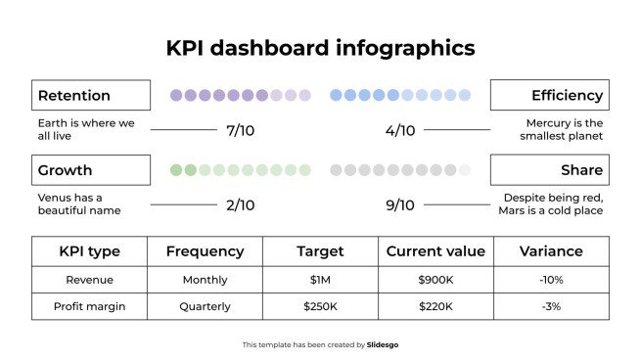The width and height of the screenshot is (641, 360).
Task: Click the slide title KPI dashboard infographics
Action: coord(320,48)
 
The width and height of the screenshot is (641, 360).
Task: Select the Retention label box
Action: coord(91,95)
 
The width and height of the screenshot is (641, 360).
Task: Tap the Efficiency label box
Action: coord(549,95)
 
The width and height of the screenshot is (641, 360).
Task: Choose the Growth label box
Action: coord(91,170)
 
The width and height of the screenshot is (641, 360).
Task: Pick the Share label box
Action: coord(549,170)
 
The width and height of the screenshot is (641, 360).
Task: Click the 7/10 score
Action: coord(240,130)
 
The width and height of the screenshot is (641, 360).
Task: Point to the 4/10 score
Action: coord(400,130)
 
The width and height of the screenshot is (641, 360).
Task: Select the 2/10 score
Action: coord(240,205)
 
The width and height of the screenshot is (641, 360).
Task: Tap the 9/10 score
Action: coord(400,205)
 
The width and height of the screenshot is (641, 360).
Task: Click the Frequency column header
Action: coord(205,251)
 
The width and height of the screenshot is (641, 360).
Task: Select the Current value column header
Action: coord(435,251)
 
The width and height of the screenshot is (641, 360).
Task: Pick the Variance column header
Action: coord(551,251)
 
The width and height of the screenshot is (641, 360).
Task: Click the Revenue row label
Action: coord(89,280)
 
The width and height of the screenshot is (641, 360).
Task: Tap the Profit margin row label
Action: coord(89,306)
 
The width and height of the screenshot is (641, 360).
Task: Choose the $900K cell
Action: coord(435,280)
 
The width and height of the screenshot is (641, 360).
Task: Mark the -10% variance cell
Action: coord(551,280)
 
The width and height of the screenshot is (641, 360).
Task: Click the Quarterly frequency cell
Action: coord(205,306)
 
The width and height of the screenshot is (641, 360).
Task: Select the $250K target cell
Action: coord(320,306)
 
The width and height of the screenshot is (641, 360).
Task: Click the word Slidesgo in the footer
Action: coord(383,344)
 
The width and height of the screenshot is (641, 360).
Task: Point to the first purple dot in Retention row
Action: coord(176,95)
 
